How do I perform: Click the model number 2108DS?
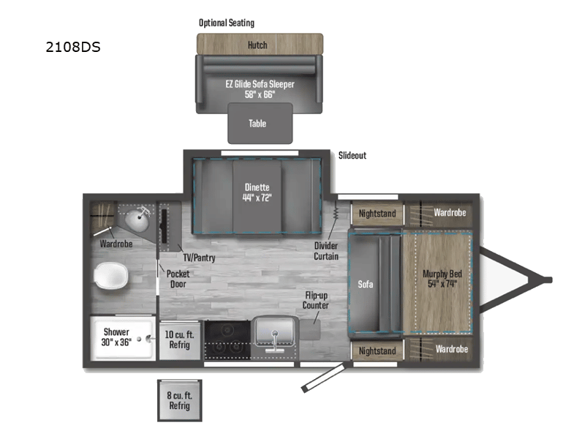[72, 48]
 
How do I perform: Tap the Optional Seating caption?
[227, 23]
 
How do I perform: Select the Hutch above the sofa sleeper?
[257, 45]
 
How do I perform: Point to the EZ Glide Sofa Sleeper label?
[260, 89]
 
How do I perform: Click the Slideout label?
[352, 156]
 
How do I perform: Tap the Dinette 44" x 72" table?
[257, 192]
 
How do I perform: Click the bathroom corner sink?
[136, 218]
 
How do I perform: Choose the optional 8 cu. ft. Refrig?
[179, 400]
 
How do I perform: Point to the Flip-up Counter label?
[317, 300]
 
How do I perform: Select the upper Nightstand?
[377, 214]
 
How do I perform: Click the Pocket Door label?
[178, 279]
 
